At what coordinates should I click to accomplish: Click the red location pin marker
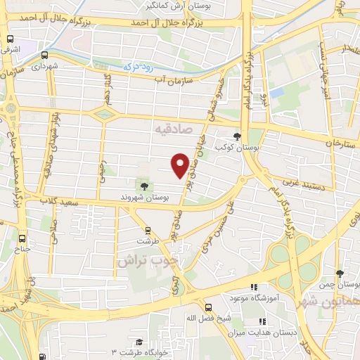click(180, 165)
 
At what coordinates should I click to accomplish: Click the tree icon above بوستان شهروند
click(143, 186)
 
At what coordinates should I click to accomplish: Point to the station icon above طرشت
click(148, 230)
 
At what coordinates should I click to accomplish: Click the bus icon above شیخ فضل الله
click(208, 307)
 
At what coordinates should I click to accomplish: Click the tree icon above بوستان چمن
click(340, 274)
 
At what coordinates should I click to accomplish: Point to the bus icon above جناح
click(23, 238)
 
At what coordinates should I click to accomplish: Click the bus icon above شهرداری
click(44, 55)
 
